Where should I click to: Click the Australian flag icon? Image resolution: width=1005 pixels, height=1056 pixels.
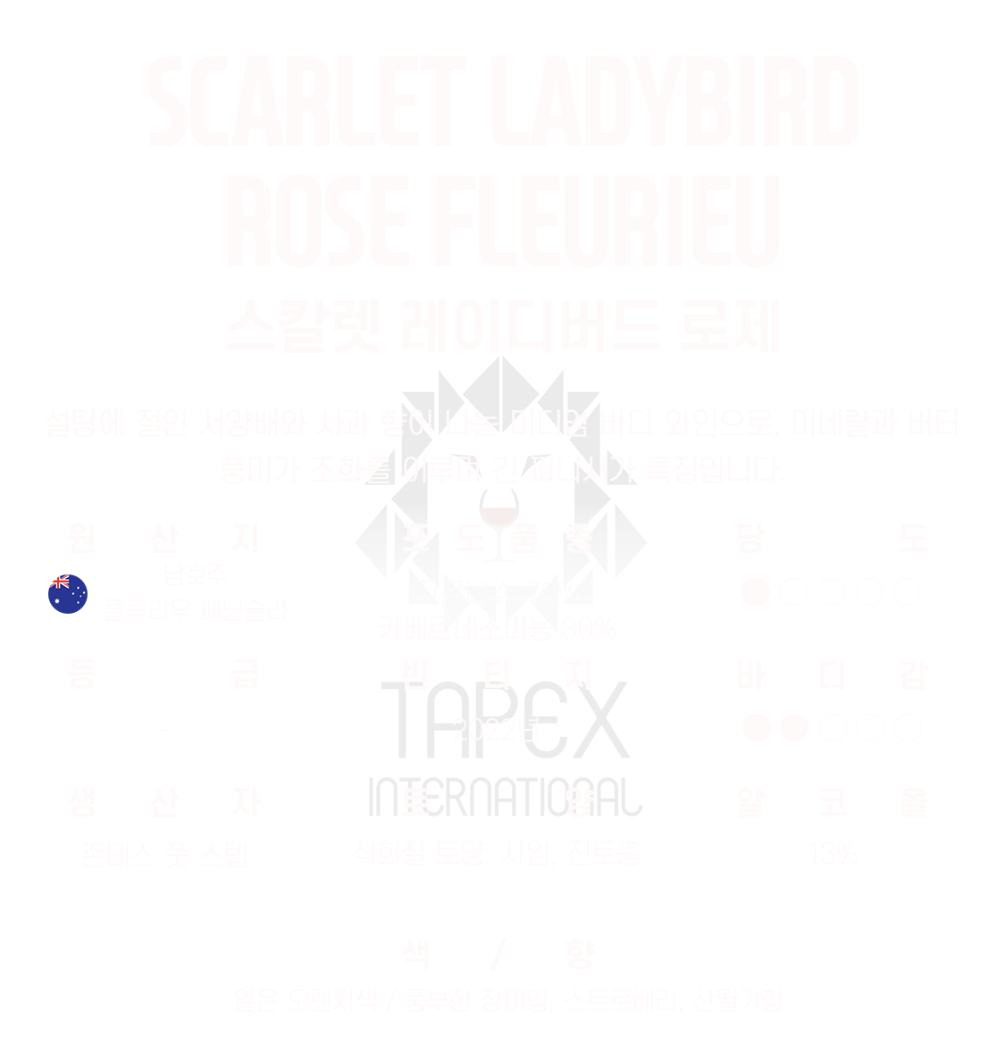click(x=68, y=594)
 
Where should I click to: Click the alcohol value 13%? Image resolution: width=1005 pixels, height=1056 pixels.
click(x=832, y=854)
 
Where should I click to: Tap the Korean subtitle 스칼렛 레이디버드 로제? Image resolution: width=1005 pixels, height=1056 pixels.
click(x=502, y=327)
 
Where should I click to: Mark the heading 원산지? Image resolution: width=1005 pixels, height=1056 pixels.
click(x=163, y=540)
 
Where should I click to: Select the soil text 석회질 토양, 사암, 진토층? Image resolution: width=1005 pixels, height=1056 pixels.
click(x=497, y=853)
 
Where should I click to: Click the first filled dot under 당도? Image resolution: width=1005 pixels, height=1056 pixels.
click(x=756, y=591)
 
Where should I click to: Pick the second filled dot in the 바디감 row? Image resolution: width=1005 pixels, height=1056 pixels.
click(x=793, y=728)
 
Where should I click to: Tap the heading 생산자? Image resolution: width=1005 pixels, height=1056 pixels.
click(x=163, y=803)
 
